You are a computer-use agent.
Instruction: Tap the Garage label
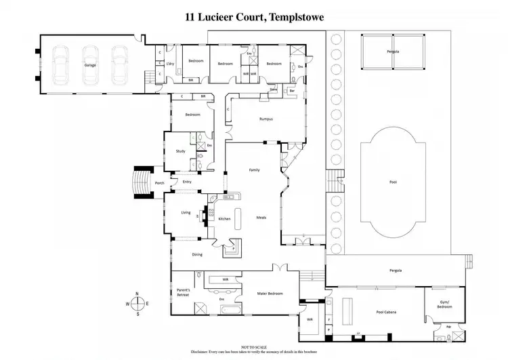coord(89,65)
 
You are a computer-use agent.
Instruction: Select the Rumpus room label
coord(266,119)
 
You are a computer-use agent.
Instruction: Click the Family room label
coord(255,169)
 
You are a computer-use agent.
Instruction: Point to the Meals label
coord(261,218)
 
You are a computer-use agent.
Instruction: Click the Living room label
coord(186,213)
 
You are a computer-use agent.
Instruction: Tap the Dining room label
coord(197,254)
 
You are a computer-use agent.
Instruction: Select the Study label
coord(180,151)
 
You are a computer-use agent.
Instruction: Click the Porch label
coord(160,183)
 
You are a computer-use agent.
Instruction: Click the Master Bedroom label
coord(270,294)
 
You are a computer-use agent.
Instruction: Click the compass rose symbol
coord(137,303)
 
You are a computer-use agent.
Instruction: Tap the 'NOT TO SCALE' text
coord(253,346)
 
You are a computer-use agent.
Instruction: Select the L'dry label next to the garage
coord(170,65)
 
